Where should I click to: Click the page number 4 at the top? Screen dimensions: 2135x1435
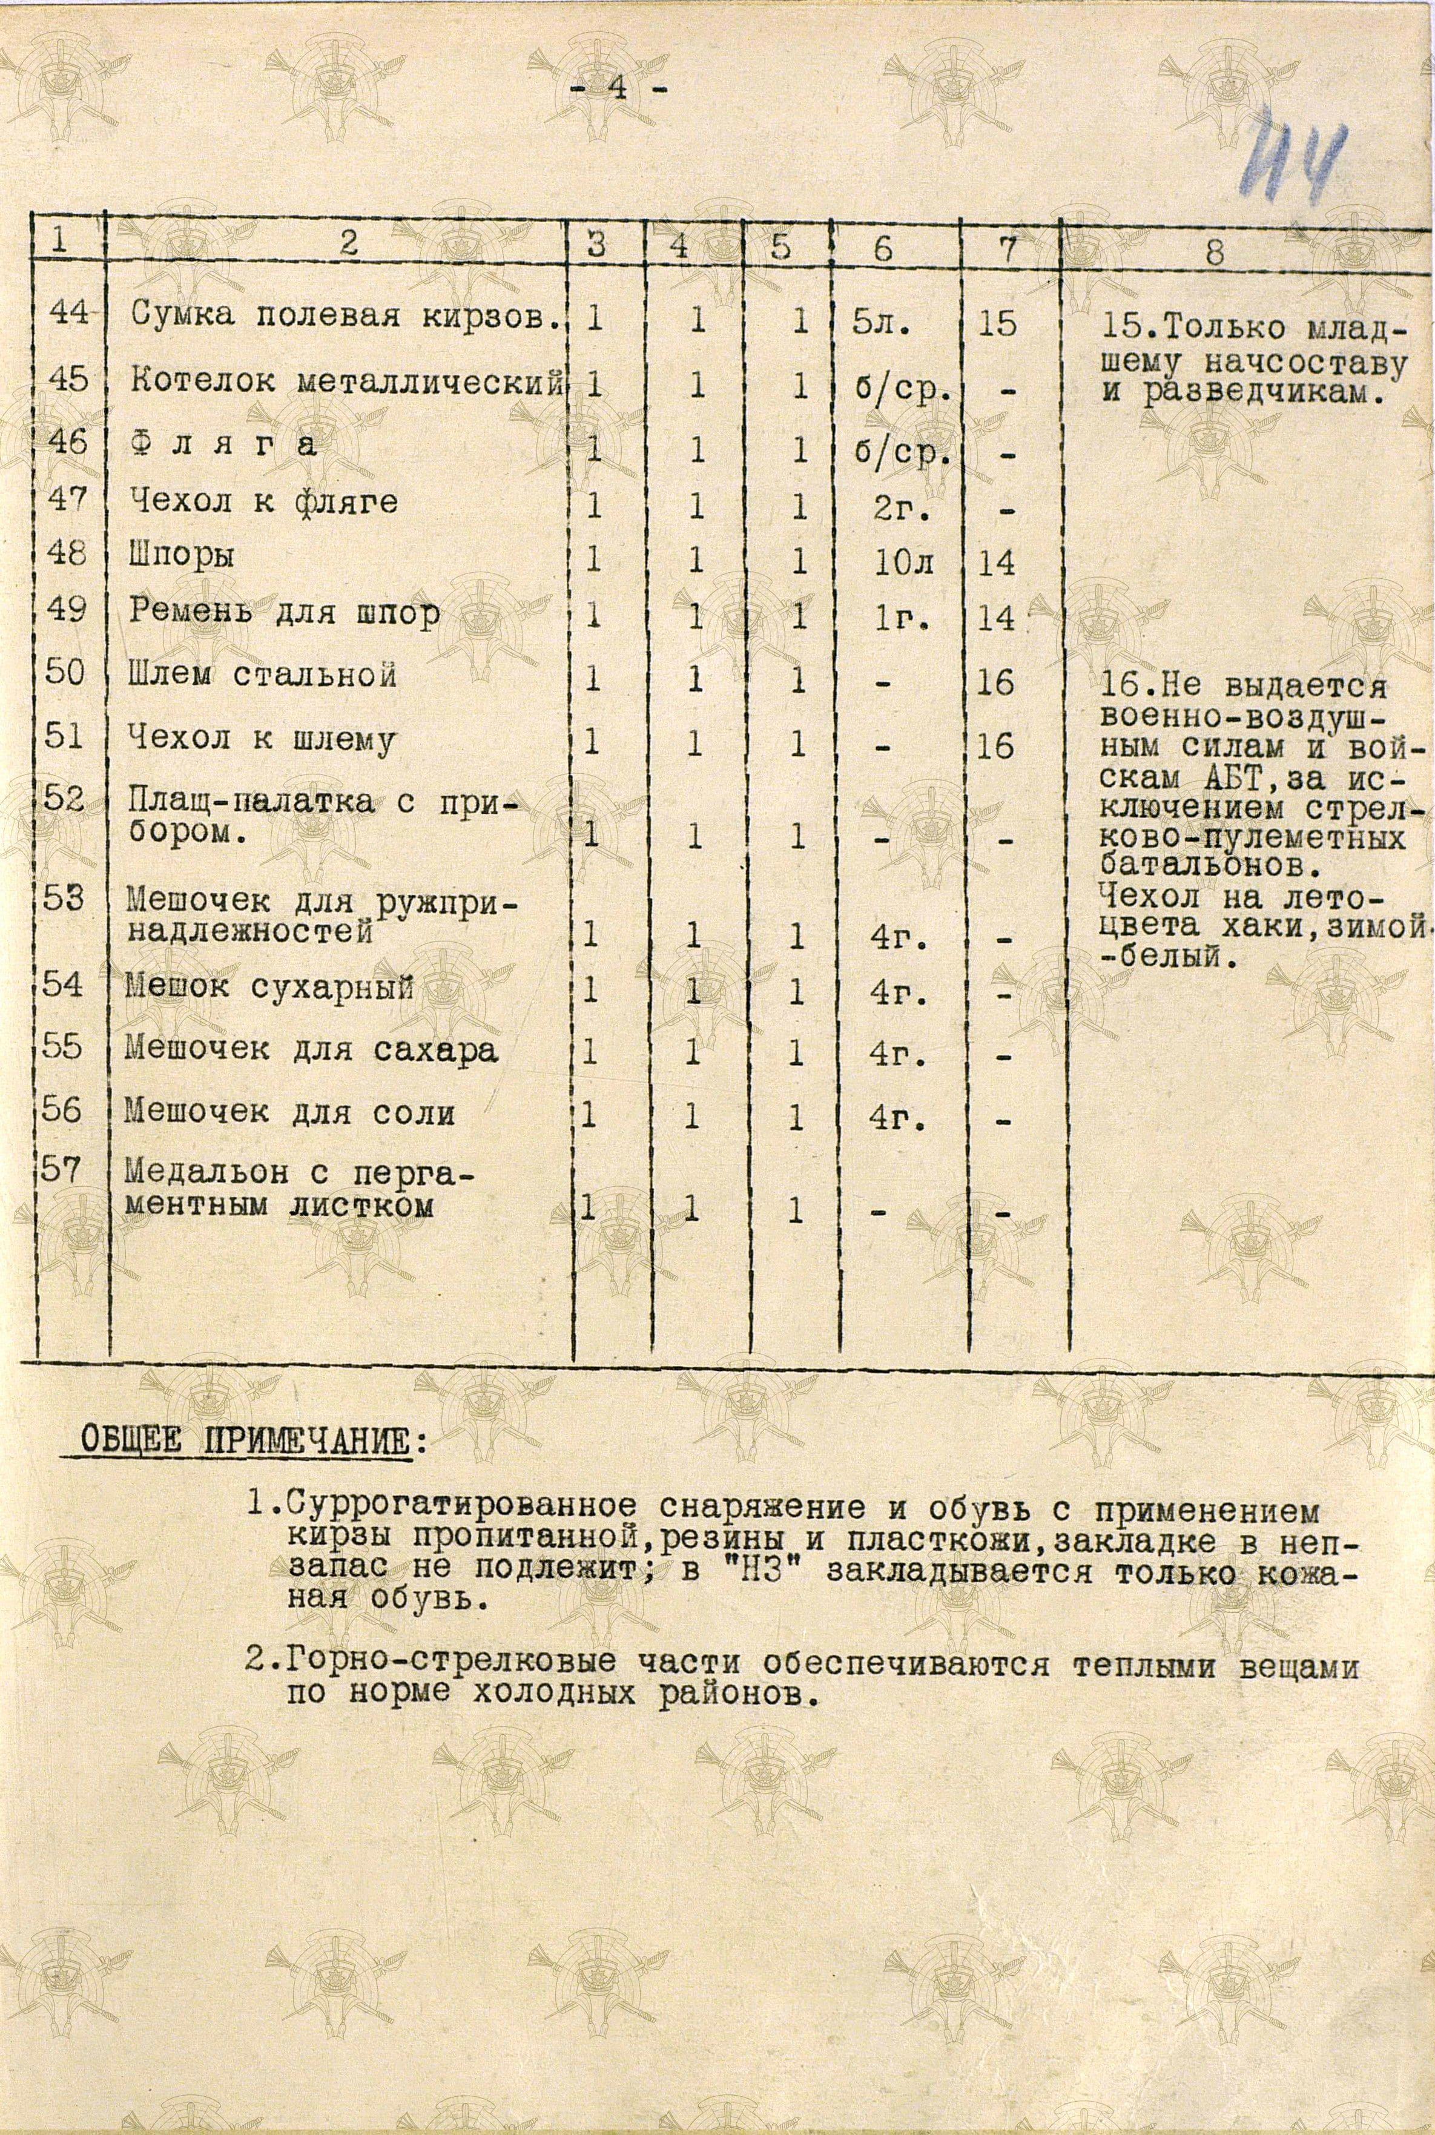(x=619, y=90)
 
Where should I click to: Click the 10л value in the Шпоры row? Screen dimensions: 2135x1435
(x=902, y=561)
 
